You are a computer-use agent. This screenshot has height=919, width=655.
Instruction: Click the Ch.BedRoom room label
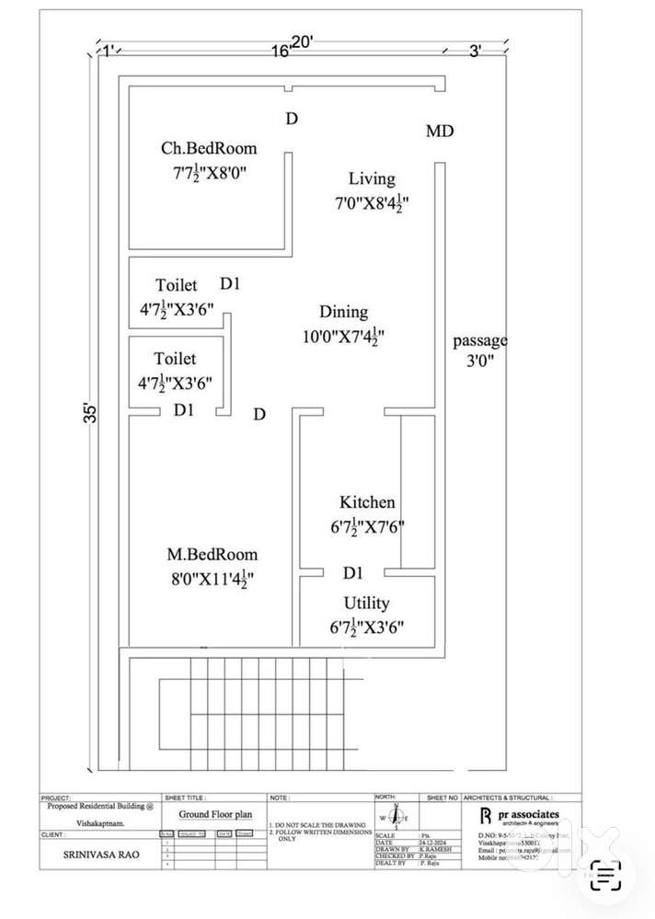pyautogui.click(x=210, y=148)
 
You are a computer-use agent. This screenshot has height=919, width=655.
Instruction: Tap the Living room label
pyautogui.click(x=372, y=178)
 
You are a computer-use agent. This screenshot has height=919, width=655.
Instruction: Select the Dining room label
pyautogui.click(x=343, y=312)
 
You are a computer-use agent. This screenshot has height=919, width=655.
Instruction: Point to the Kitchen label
pyautogui.click(x=368, y=502)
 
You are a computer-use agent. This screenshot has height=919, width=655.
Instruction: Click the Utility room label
pyautogui.click(x=366, y=603)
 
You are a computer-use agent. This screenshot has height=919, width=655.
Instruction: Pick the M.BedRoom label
pyautogui.click(x=213, y=555)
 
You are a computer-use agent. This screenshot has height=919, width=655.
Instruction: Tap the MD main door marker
pyautogui.click(x=440, y=132)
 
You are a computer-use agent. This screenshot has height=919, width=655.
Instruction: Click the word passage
pyautogui.click(x=480, y=340)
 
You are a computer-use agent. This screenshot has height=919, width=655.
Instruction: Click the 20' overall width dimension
pyautogui.click(x=303, y=41)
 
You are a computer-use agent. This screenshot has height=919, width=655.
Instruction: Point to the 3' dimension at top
pyautogui.click(x=476, y=52)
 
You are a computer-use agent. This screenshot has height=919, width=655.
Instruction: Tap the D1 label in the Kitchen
pyautogui.click(x=353, y=573)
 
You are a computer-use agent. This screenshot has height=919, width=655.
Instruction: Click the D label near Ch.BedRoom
pyautogui.click(x=292, y=119)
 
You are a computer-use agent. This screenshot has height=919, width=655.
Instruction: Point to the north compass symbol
pyautogui.click(x=396, y=817)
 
